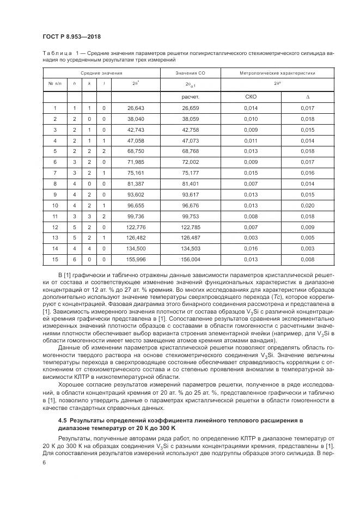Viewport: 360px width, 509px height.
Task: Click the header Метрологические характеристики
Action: click(x=278, y=72)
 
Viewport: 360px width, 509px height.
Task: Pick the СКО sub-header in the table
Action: click(x=251, y=97)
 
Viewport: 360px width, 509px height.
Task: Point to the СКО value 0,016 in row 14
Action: click(x=251, y=248)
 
